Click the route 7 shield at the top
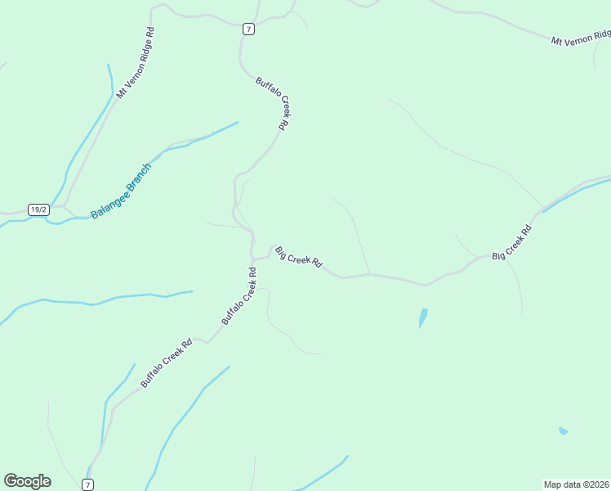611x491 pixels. pyautogui.click(x=248, y=29)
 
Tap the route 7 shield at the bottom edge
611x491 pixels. pyautogui.click(x=87, y=484)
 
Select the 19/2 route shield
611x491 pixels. pyautogui.click(x=38, y=209)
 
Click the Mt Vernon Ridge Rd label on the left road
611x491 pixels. pyautogui.click(x=135, y=63)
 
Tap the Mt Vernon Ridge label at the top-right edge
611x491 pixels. pyautogui.click(x=581, y=38)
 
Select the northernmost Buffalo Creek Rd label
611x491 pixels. pyautogui.click(x=273, y=103)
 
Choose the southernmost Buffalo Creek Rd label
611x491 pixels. pyautogui.click(x=166, y=363)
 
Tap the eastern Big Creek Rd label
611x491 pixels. pyautogui.click(x=512, y=243)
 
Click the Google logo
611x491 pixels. pyautogui.click(x=27, y=481)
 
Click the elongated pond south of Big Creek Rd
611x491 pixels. pyautogui.click(x=422, y=318)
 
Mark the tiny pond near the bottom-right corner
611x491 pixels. pyautogui.click(x=563, y=430)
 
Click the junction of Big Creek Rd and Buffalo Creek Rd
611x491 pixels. pyautogui.click(x=253, y=259)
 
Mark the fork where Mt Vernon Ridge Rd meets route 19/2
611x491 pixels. pyautogui.click(x=66, y=205)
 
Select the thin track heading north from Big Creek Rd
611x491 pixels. pyautogui.click(x=359, y=237)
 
